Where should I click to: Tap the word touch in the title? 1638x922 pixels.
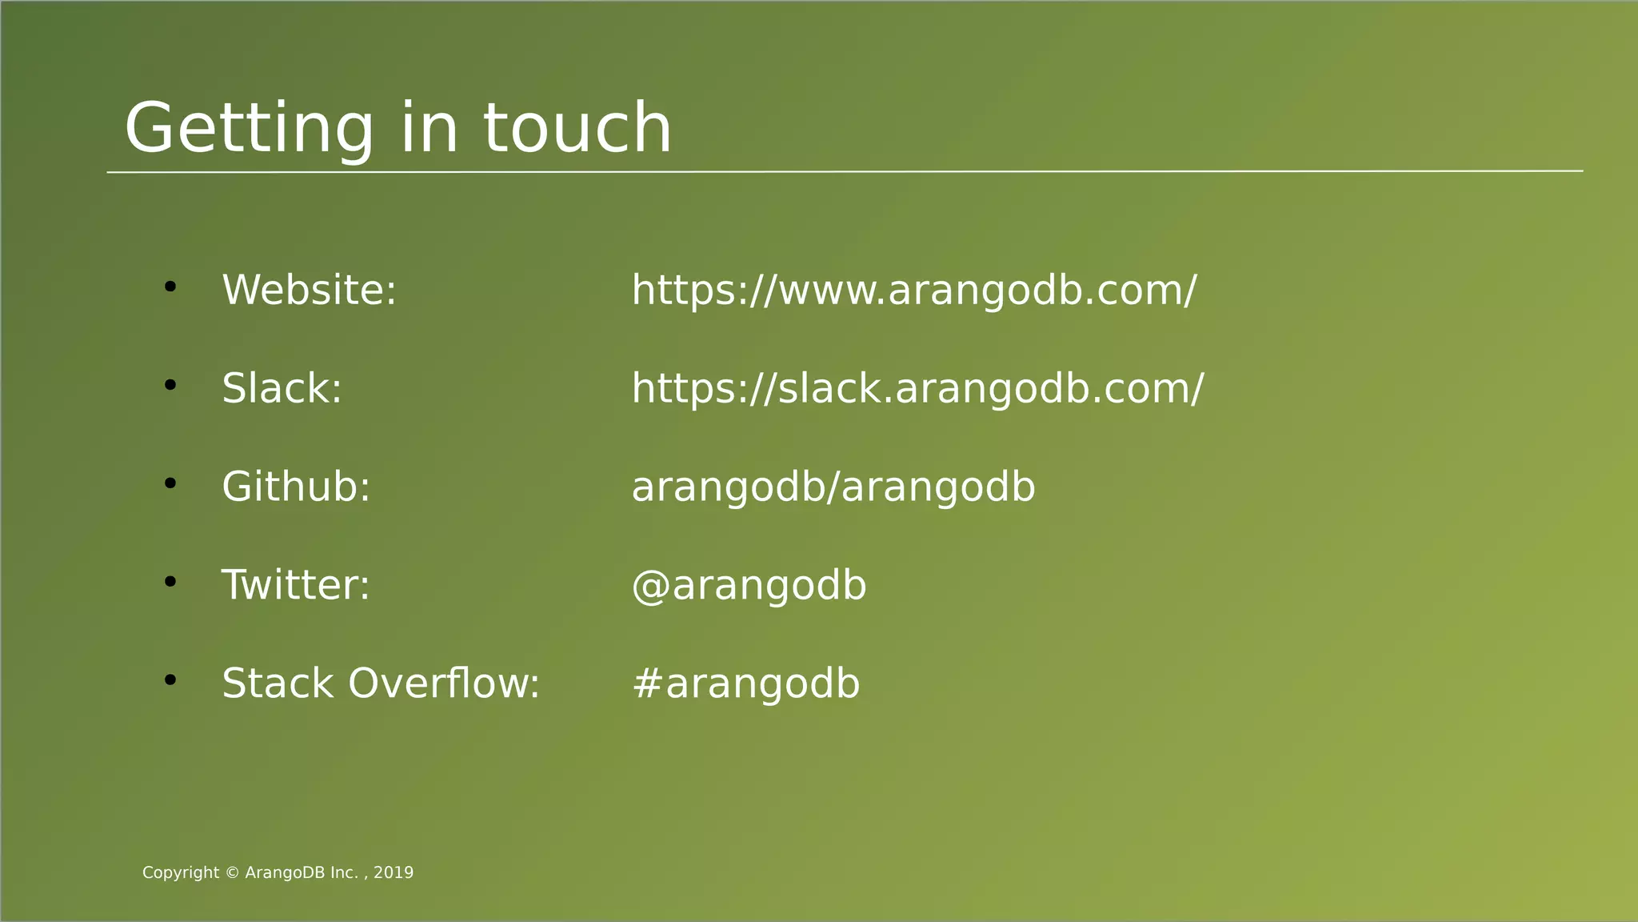[x=577, y=128]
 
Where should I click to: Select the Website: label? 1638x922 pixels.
[x=309, y=290]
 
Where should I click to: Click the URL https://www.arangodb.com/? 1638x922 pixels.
[x=913, y=290]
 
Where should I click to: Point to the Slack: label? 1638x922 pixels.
[x=282, y=388]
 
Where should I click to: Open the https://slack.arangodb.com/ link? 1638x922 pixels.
[x=917, y=388]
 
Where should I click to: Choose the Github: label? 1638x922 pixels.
[x=296, y=487]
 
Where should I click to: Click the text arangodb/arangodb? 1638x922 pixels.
[x=833, y=487]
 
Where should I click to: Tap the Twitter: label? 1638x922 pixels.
[x=295, y=585]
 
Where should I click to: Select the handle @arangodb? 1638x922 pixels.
[x=749, y=585]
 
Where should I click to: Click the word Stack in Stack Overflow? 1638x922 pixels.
[x=277, y=683]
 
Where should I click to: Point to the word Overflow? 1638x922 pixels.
[x=444, y=683]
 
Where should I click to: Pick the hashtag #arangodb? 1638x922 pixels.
[x=745, y=683]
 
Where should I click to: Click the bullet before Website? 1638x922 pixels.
[x=170, y=287]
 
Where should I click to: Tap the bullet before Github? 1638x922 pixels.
[x=170, y=483]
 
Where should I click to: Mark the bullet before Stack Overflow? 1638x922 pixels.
[x=170, y=680]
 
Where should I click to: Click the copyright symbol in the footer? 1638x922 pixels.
[x=232, y=873]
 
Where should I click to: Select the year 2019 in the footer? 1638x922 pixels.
[x=394, y=873]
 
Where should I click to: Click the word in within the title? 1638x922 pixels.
[x=429, y=128]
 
